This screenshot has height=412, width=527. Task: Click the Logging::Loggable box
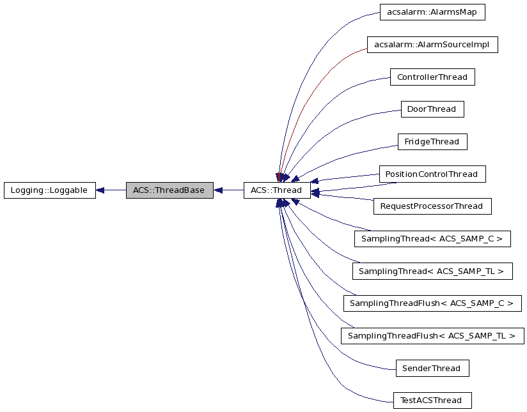tap(49, 190)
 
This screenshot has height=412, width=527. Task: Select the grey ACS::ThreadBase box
tap(169, 190)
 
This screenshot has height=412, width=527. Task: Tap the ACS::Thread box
tap(276, 190)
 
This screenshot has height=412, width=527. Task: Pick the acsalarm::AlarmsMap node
tap(432, 12)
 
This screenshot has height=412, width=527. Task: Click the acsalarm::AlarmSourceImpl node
tap(432, 45)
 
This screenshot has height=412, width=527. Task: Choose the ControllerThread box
tap(432, 77)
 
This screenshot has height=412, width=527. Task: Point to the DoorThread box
tap(432, 109)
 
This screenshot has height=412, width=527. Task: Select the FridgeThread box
tap(432, 142)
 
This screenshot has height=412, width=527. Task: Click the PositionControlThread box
tap(432, 174)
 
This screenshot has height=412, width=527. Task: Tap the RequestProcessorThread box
tap(432, 206)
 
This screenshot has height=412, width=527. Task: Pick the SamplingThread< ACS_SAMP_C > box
tap(432, 239)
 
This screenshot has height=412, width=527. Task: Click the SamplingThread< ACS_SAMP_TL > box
tap(432, 271)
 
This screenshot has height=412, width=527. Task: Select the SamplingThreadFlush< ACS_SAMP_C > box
tap(432, 303)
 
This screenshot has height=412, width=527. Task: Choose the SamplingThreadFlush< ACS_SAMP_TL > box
tap(432, 336)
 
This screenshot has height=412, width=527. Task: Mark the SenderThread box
tap(432, 368)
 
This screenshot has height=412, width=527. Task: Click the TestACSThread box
tap(432, 401)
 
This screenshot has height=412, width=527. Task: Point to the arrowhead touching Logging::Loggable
tap(100, 190)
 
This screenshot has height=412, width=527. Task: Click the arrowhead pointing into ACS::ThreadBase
tap(218, 190)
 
